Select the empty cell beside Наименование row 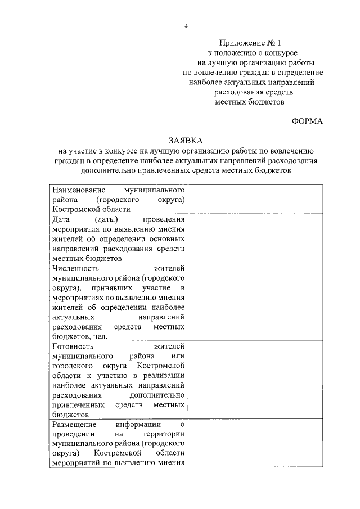click(256, 200)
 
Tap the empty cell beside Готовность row click(256, 380)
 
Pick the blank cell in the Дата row click(256, 238)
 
